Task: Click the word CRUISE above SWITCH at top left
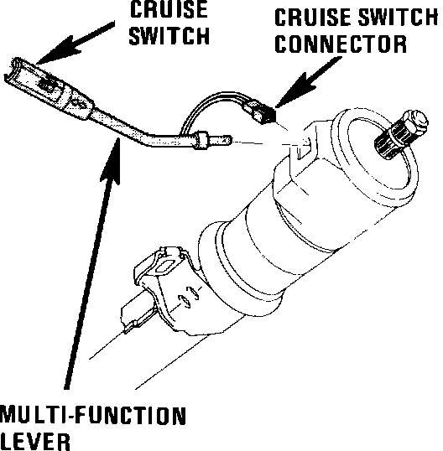coord(169,9)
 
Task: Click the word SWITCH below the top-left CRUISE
coord(169,36)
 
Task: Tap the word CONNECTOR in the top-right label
coord(341,44)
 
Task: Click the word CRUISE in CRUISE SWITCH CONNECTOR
coord(314,17)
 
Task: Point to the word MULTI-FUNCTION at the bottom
coord(93,415)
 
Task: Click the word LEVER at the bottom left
coord(35,442)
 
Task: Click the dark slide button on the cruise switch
coord(48,84)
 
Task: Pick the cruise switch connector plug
coord(260,112)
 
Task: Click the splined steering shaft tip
coord(400,134)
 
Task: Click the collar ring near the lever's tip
coord(201,140)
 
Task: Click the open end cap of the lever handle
coord(13,70)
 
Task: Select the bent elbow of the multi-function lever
coord(144,138)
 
